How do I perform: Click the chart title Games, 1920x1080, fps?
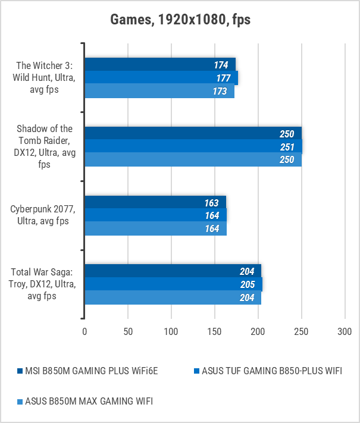click(180, 20)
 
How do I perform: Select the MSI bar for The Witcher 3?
click(159, 64)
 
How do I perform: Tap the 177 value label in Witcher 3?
click(223, 78)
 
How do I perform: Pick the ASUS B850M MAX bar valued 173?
click(159, 92)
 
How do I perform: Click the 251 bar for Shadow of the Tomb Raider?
click(193, 147)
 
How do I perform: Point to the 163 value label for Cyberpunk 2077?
click(212, 203)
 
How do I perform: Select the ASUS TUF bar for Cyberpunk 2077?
click(155, 216)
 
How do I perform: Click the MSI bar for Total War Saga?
click(173, 271)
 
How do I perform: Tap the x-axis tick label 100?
click(171, 331)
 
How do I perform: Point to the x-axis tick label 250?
click(302, 331)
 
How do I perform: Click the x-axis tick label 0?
click(84, 331)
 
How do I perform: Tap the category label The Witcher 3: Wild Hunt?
click(45, 78)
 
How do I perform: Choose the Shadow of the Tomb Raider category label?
click(45, 146)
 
